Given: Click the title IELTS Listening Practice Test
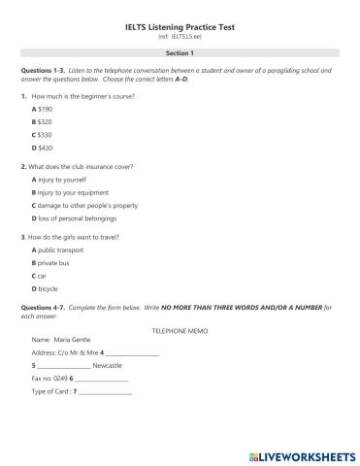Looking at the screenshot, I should [180, 29].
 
